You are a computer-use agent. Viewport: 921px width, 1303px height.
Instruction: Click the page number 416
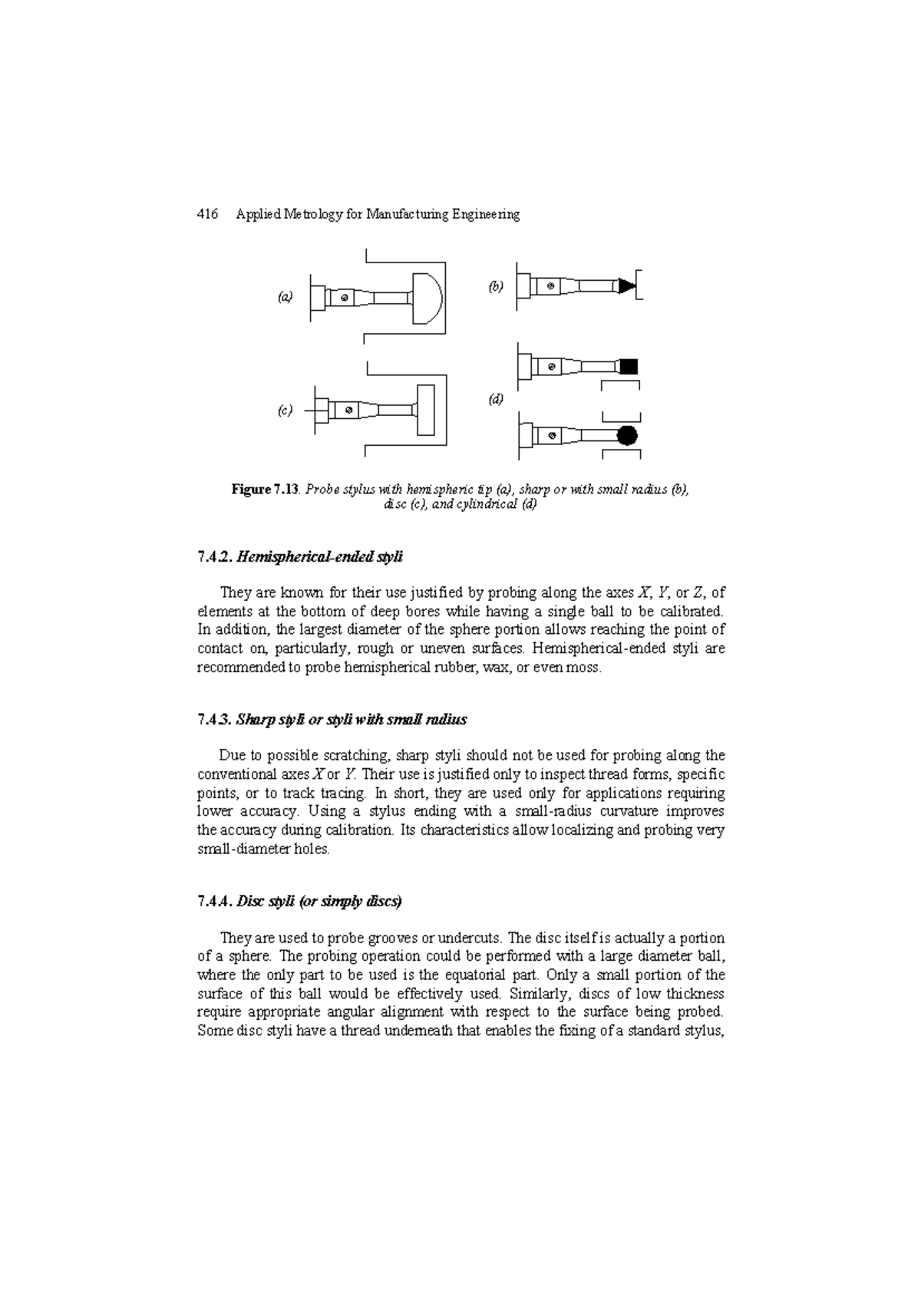[x=208, y=215]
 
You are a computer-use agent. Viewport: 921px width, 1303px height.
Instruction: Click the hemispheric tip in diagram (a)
[x=427, y=298]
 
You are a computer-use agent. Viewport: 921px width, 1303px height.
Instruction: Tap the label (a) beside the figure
[x=285, y=296]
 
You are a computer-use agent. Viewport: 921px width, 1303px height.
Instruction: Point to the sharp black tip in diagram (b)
[x=627, y=285]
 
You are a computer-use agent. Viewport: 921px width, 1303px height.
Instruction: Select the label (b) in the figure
[x=496, y=286]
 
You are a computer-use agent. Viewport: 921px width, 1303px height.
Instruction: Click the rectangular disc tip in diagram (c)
[x=426, y=411]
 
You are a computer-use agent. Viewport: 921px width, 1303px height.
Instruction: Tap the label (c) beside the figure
[x=285, y=411]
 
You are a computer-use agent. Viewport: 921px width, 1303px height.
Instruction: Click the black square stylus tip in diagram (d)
[x=629, y=367]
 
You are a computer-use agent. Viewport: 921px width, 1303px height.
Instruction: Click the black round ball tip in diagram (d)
[x=627, y=436]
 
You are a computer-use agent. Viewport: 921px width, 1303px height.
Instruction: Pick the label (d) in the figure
[x=496, y=400]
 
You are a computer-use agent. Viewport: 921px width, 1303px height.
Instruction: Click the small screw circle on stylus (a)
[x=345, y=298]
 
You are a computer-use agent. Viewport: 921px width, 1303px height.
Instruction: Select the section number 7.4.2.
[x=214, y=558]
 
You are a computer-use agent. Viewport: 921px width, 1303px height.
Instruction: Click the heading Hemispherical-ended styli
[x=320, y=558]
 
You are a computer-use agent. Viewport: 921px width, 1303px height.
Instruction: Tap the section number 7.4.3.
[x=214, y=720]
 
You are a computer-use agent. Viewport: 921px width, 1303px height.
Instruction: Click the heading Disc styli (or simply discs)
[x=319, y=902]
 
